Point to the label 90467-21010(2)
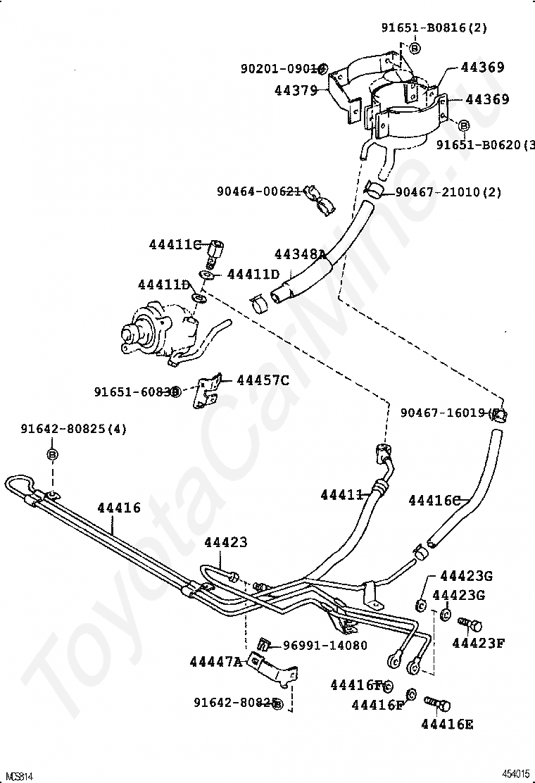point(448,192)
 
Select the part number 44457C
point(263,380)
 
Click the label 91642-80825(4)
point(73,428)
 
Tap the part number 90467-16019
point(446,413)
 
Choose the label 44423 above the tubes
point(226,542)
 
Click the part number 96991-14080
point(325,645)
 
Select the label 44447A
point(215,661)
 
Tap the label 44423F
point(478,642)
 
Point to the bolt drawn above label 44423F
point(470,624)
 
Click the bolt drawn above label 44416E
point(437,703)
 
